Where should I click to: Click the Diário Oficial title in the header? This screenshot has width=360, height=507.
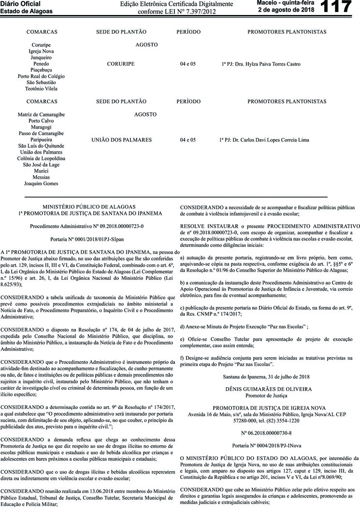coord(17,3)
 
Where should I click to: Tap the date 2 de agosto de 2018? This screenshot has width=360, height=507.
coord(286,10)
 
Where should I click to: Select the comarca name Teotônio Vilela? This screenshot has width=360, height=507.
coord(41,88)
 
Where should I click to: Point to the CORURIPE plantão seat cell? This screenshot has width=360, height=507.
coord(121,64)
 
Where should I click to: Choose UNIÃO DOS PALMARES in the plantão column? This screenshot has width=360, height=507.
coord(121,140)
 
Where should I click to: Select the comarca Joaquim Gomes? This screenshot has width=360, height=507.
coord(41,184)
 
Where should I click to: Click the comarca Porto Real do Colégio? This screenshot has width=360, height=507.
coord(41,76)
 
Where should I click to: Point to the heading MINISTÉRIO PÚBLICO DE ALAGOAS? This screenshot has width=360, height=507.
coord(89,206)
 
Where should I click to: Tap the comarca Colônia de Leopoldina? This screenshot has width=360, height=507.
coord(41,159)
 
